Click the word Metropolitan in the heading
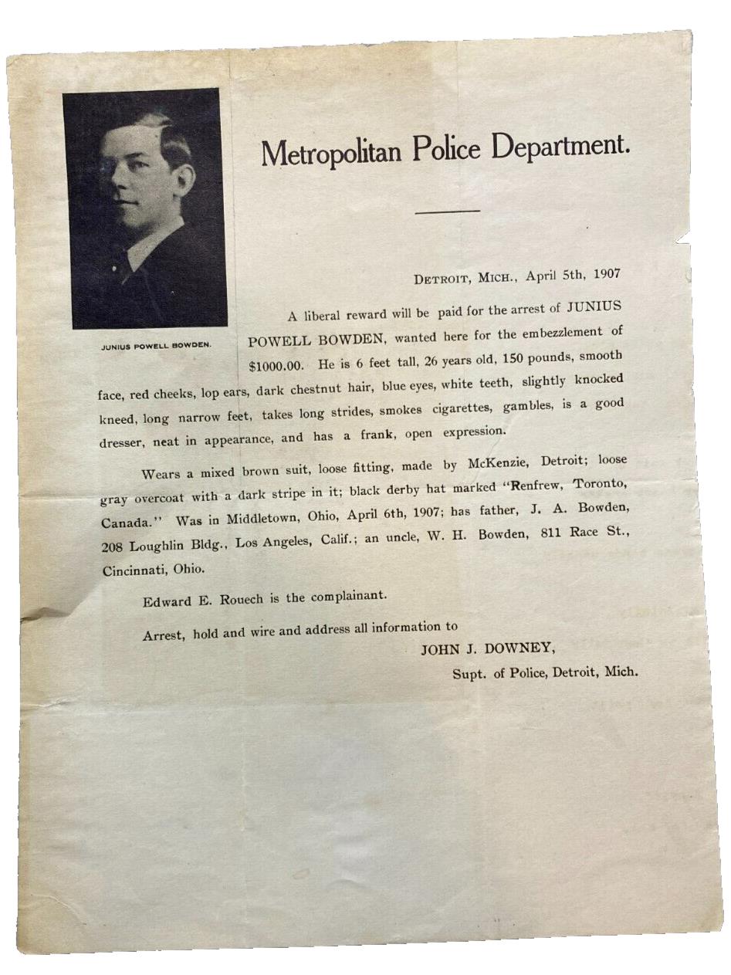pos(332,151)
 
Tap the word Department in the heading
pos(561,145)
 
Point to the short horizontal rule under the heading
pos(447,210)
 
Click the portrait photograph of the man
pos(146,208)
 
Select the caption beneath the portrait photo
pos(156,345)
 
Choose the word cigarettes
pos(459,408)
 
